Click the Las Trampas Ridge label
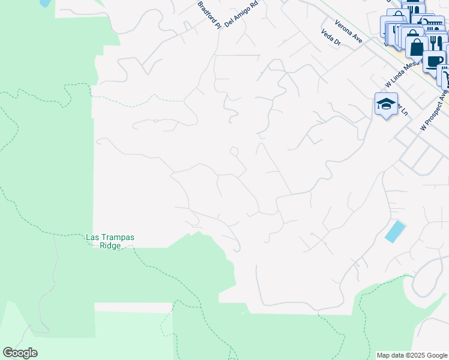[x=110, y=242]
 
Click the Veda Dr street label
[x=331, y=38]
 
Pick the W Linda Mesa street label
[x=401, y=74]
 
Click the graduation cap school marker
[x=386, y=104]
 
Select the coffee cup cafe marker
[x=434, y=60]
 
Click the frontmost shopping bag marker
[x=416, y=46]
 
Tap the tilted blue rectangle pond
[x=394, y=231]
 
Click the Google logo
[x=20, y=353]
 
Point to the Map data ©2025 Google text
[x=411, y=355]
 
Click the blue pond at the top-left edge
[x=45, y=2]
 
